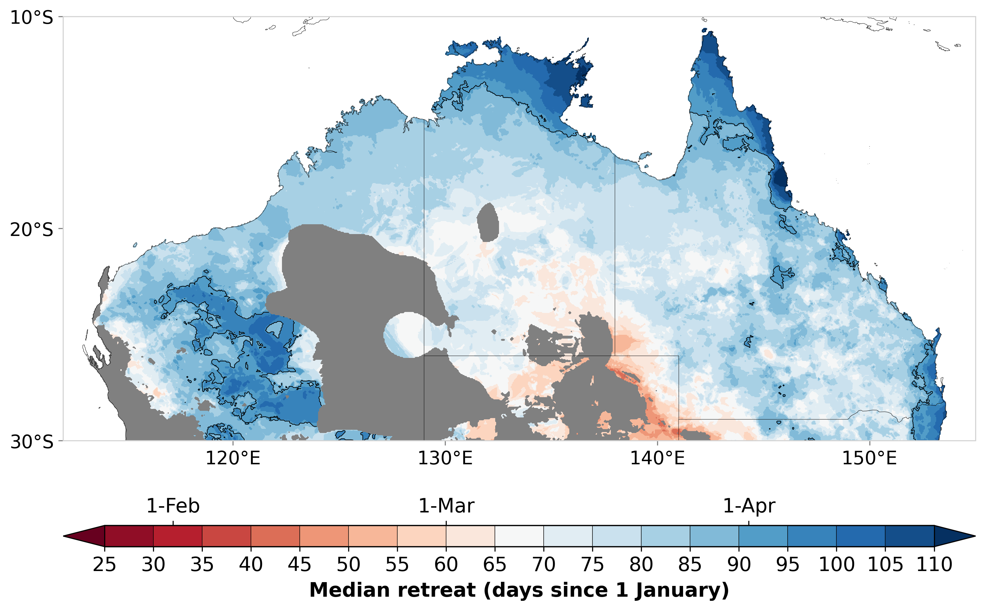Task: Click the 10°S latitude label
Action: coord(31,18)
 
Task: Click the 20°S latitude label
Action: coord(31,230)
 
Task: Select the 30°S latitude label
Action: coord(31,442)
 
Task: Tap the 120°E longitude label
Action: coord(233,459)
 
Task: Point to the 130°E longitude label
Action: coord(445,459)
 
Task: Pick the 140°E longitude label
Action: coord(657,459)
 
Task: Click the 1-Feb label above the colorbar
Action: coord(173,506)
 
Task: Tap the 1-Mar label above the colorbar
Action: coord(446,506)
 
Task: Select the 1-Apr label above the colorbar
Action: coord(749,506)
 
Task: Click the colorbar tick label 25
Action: coord(104,564)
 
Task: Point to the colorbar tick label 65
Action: coord(495,564)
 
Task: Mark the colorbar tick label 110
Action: coord(935,564)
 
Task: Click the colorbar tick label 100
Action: coord(836,564)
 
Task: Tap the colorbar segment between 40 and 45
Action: coord(275,536)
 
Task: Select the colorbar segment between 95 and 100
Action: coord(812,536)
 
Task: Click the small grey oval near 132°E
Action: coord(488,222)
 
